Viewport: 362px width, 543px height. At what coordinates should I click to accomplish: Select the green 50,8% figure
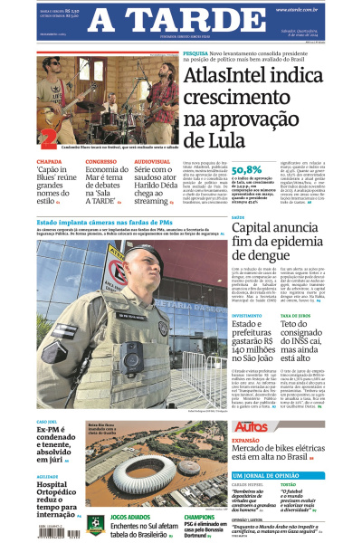click(x=247, y=169)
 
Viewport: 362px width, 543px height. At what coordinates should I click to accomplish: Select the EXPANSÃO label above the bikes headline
click(x=248, y=441)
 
